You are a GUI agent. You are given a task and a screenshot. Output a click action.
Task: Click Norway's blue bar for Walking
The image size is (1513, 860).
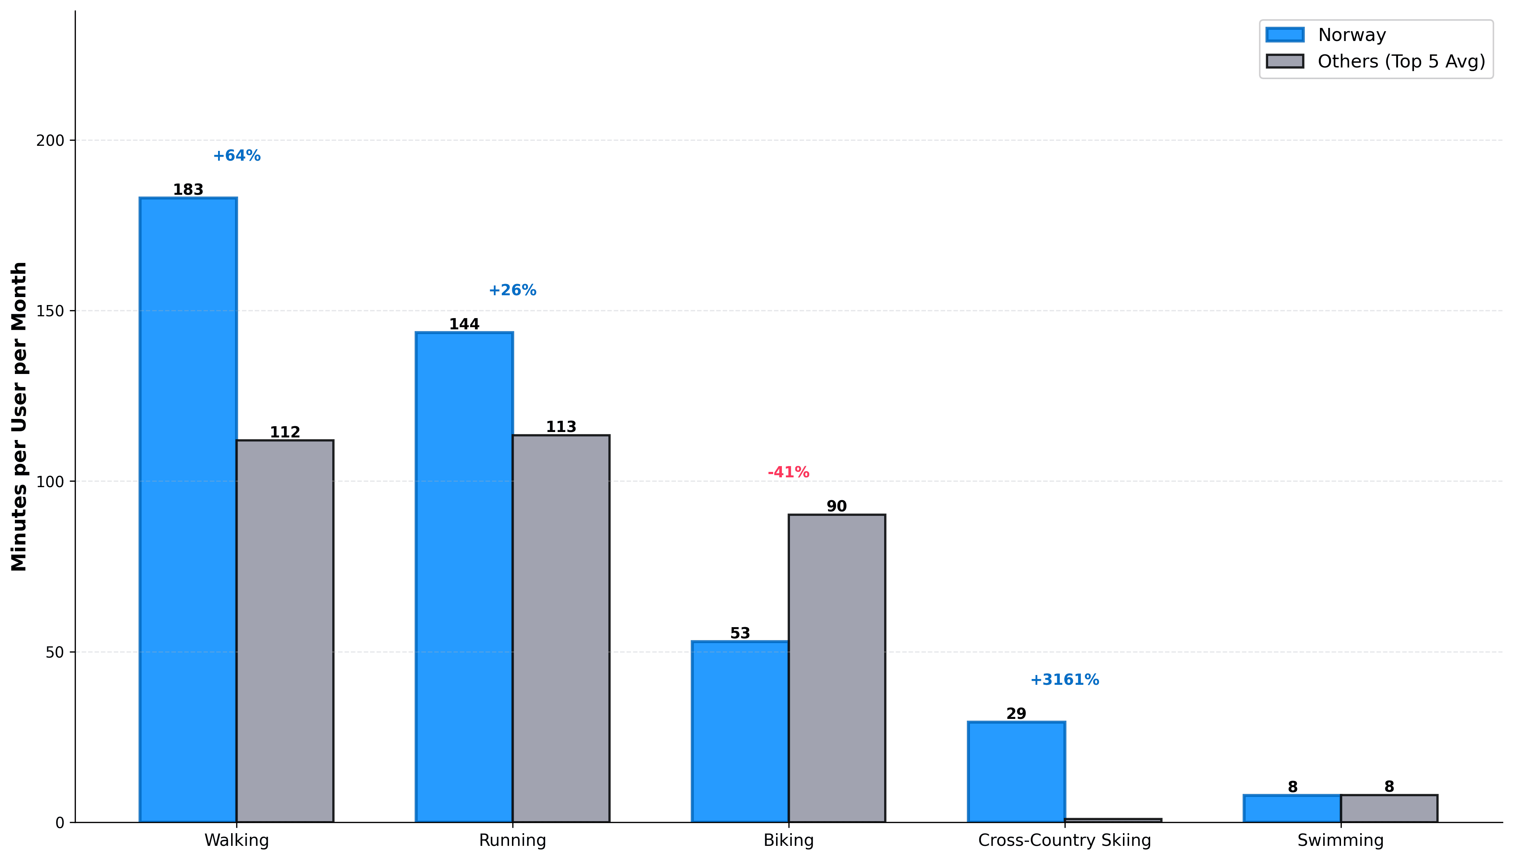coord(188,509)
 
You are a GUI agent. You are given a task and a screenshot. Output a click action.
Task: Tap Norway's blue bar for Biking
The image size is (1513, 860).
coord(740,731)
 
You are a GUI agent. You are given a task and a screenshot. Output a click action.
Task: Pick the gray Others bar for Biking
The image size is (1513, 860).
coord(837,668)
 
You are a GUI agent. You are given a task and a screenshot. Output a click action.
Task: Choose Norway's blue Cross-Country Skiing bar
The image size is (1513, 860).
coord(1016,771)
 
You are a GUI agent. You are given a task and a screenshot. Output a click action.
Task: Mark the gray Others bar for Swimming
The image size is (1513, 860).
coord(1389,808)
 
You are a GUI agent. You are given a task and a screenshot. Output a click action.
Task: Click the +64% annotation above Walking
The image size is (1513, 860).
coord(236,155)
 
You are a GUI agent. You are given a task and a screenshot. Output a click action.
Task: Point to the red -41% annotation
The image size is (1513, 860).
coord(788,472)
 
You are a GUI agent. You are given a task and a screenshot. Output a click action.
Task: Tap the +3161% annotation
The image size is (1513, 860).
coord(1065,679)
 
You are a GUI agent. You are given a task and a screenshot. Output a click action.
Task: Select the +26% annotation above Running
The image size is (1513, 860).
coord(512,290)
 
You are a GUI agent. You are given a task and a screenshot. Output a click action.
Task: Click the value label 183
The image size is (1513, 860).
coord(188,190)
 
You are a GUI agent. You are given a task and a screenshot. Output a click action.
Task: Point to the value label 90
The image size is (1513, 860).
coord(837,506)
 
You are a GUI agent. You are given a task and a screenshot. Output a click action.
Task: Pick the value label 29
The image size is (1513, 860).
coord(1016,713)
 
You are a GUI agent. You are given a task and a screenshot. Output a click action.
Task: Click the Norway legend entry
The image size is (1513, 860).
coord(1352,35)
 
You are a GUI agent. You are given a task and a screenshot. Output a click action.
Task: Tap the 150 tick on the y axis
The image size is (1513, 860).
coord(50,311)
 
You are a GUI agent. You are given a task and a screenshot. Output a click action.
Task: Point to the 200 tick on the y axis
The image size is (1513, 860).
coord(50,141)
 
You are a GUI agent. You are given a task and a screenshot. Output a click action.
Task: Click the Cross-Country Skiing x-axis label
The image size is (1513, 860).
coord(1065,840)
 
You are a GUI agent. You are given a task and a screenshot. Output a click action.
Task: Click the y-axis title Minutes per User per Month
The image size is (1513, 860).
coord(19,416)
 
